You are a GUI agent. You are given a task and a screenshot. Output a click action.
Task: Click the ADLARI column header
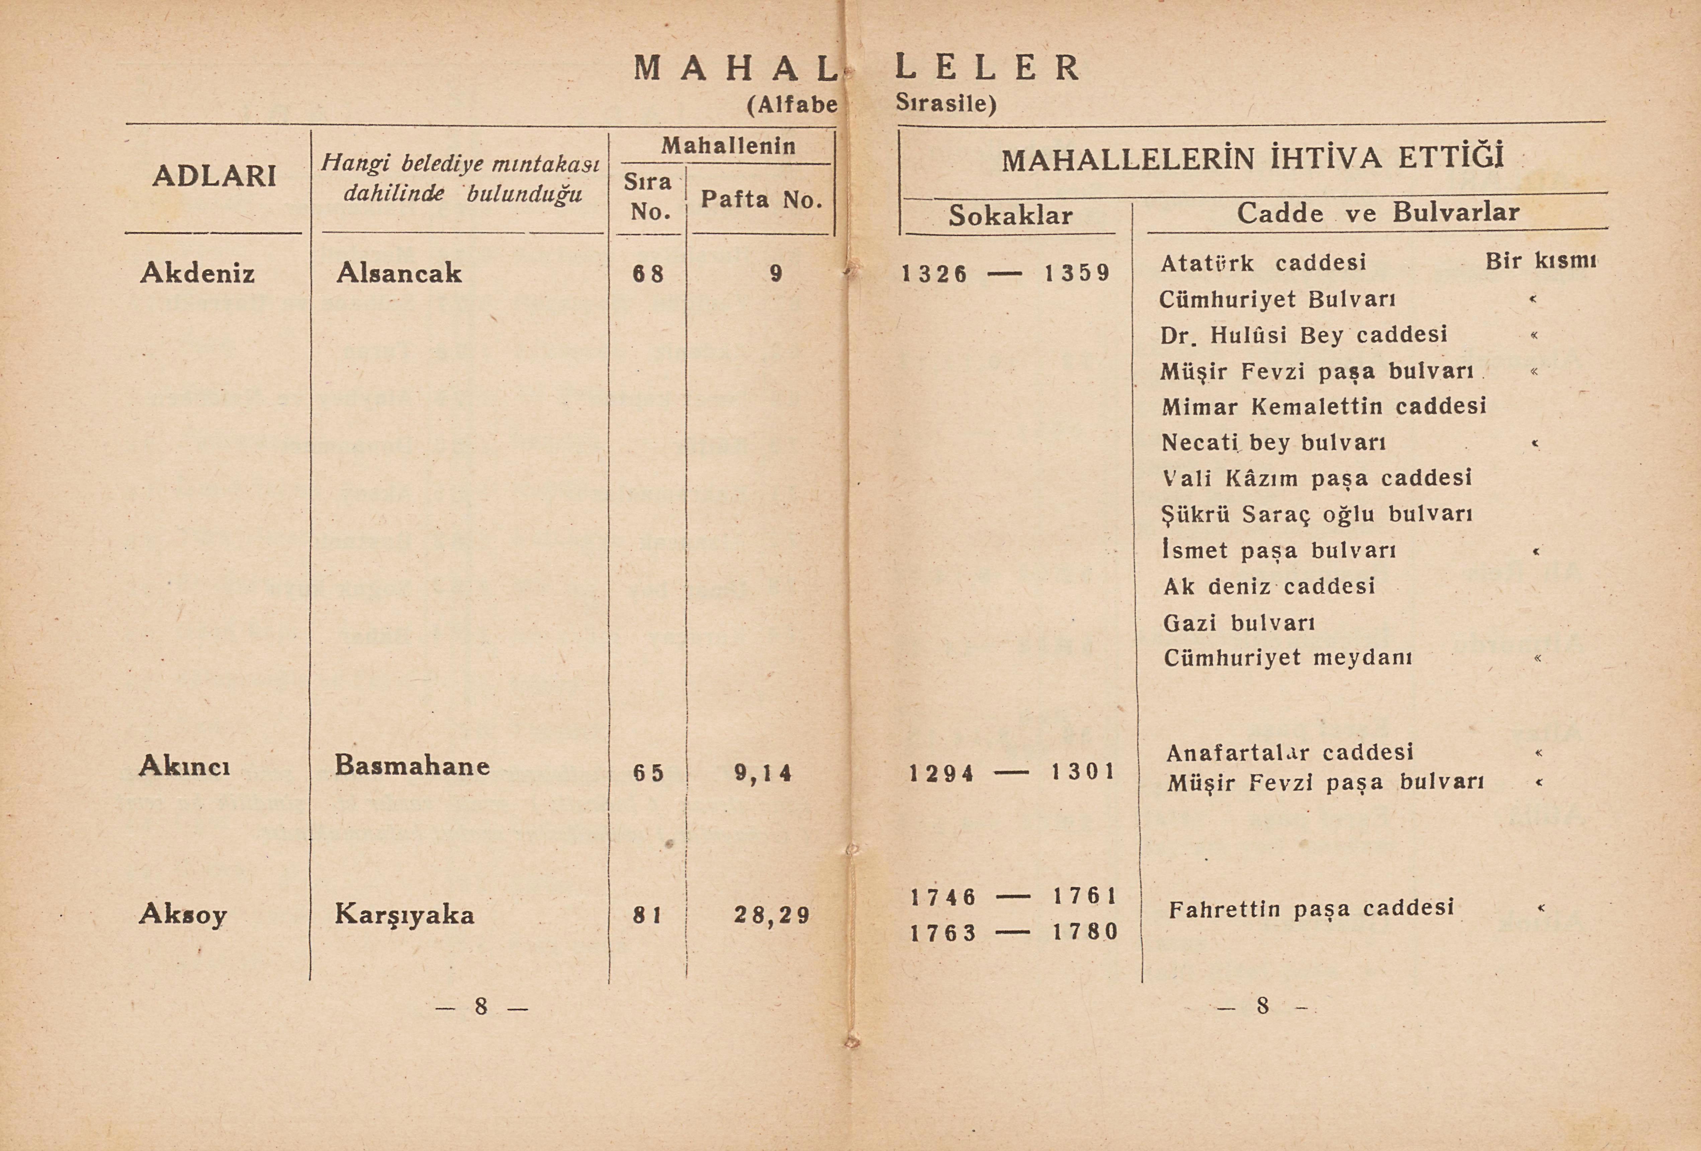click(214, 176)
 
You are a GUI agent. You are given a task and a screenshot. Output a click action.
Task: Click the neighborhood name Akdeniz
click(198, 273)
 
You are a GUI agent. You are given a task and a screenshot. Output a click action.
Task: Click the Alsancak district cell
click(399, 273)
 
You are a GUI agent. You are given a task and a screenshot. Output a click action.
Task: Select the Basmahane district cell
click(412, 765)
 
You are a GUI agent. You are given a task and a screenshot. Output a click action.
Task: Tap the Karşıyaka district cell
click(405, 914)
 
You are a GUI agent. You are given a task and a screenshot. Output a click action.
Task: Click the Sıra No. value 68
click(648, 274)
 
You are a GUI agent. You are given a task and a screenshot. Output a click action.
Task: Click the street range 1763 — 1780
click(1014, 932)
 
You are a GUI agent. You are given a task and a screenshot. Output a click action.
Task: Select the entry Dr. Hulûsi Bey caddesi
click(1304, 335)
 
